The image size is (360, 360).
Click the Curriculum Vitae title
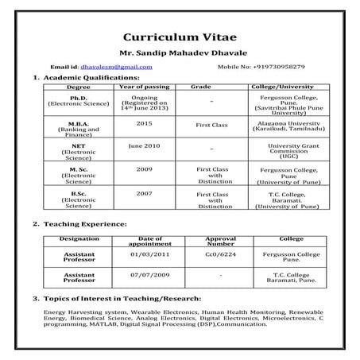pos(180,37)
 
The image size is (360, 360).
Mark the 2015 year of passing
pos(144,123)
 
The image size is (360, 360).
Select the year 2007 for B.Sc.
pos(144,193)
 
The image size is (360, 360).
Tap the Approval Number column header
pos(220,241)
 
